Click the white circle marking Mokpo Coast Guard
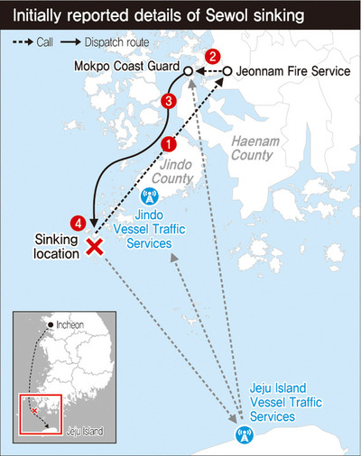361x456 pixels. tap(187, 71)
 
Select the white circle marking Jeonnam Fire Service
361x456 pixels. tap(227, 71)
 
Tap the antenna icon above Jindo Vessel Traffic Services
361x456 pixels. tap(149, 196)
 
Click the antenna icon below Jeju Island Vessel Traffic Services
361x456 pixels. tap(241, 436)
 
